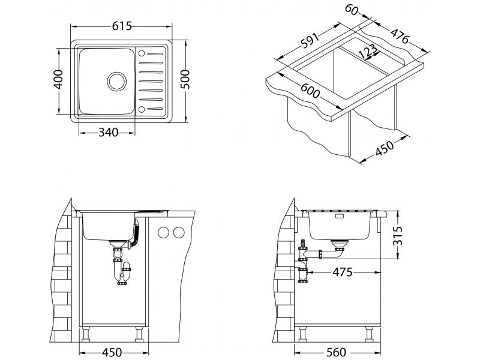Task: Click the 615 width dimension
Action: [122, 26]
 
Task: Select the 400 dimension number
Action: [58, 79]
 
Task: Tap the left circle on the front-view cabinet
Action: [163, 232]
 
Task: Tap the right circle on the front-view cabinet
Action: [177, 232]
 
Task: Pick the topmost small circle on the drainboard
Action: [142, 52]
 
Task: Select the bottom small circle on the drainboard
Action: [142, 109]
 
